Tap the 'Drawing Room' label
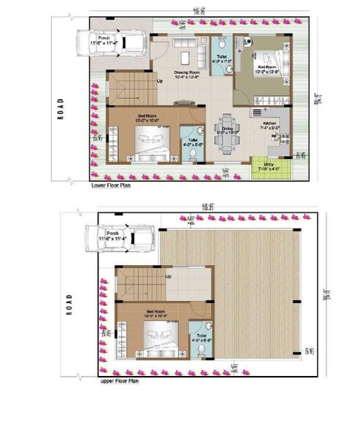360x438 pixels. pyautogui.click(x=186, y=72)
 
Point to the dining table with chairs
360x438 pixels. pyautogui.click(x=229, y=131)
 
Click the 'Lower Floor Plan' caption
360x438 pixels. pyautogui.click(x=110, y=185)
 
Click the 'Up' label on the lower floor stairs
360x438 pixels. pyautogui.click(x=159, y=81)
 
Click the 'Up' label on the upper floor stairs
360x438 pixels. pyautogui.click(x=169, y=277)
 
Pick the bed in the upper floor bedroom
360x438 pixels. pyautogui.click(x=161, y=337)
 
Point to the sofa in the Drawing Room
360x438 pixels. pyautogui.click(x=189, y=54)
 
